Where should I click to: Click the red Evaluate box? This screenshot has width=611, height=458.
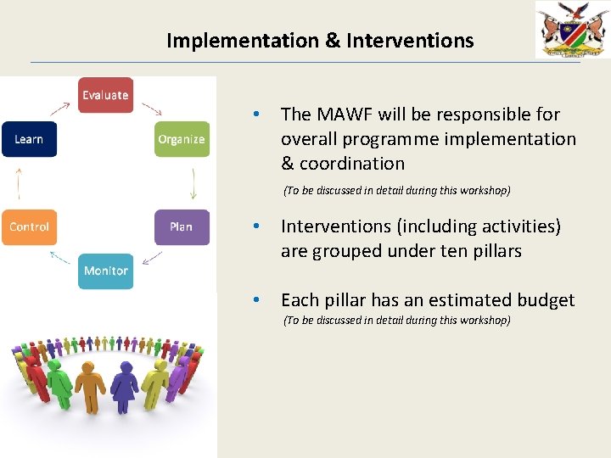pos(105,95)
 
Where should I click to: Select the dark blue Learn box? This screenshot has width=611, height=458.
pos(29,139)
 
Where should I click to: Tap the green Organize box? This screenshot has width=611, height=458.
pos(182,139)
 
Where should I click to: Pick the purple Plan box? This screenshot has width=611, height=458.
pos(182,226)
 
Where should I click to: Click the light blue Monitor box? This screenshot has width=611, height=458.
pos(105,271)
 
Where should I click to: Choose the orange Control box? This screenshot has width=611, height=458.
pos(29,226)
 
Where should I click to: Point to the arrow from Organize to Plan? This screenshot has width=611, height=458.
pos(193,182)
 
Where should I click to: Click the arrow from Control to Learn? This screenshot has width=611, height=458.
pos(20,182)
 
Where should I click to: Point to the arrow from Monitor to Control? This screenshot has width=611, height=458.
pos(59,256)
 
